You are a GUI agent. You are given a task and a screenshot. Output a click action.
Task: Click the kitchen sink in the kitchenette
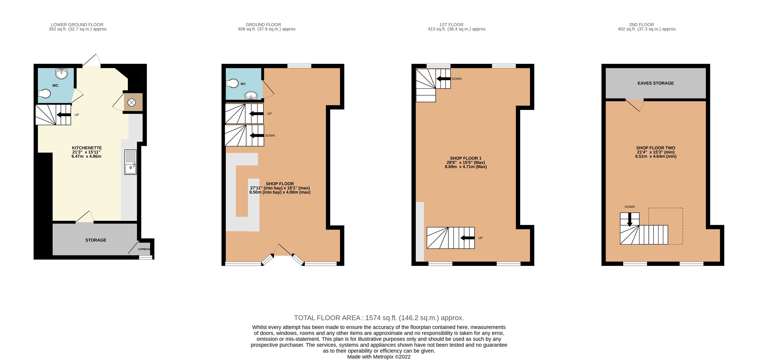pos(130,162)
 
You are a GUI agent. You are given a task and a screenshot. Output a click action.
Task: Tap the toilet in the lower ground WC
pos(45,94)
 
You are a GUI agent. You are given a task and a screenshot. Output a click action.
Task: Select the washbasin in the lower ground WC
pos(62,74)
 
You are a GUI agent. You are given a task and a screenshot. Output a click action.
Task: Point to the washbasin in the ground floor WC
pos(251,95)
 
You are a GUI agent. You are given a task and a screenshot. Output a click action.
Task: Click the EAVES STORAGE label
pos(656,83)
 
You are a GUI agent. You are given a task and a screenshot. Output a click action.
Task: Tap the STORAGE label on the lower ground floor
pos(96,240)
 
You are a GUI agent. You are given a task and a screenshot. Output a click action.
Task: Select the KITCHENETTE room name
pos(87,148)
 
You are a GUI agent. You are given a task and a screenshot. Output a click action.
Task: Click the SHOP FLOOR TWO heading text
pos(656,148)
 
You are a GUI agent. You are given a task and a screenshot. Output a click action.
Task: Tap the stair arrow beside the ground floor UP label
pos(256,114)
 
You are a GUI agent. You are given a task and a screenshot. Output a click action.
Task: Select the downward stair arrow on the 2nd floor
pos(630,220)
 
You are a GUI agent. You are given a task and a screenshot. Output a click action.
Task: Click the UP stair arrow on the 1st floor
pos(467,238)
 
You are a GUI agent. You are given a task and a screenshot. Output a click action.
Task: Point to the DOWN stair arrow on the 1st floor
pos(444,79)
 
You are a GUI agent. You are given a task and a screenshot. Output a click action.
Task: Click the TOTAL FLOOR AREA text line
pos(379,318)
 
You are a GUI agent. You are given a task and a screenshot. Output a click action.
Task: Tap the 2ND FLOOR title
pos(642,25)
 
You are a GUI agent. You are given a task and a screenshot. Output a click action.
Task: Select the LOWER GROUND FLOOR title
pos(77,25)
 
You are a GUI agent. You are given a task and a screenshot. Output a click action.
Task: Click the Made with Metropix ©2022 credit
pos(379,357)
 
